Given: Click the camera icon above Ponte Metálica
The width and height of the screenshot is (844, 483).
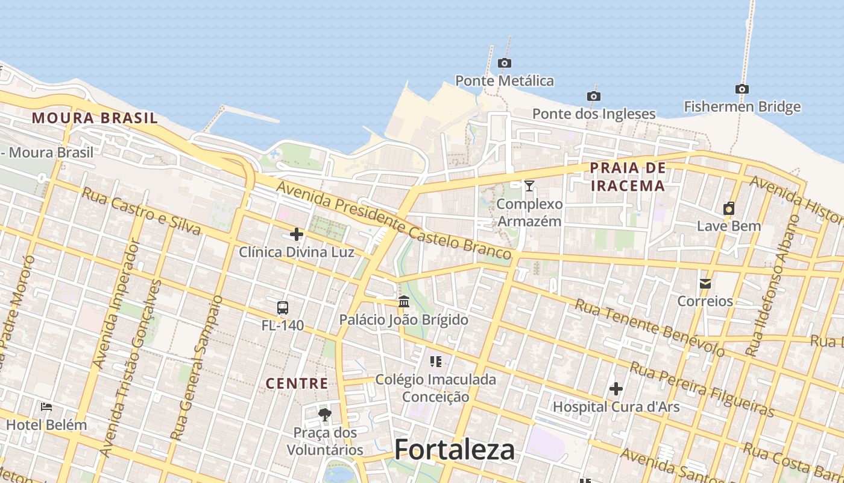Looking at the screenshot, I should (505, 63).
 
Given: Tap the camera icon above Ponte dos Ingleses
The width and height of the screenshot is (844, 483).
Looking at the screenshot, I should (594, 96).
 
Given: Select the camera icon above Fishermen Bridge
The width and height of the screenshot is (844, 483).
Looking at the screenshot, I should (742, 89).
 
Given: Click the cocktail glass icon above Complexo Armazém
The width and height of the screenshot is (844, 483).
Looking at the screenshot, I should (529, 186).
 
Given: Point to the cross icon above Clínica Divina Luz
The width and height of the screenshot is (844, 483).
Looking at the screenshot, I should (297, 234).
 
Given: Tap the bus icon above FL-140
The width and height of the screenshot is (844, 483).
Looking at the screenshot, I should (283, 308).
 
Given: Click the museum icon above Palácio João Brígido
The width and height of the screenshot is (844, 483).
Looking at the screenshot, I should (404, 301).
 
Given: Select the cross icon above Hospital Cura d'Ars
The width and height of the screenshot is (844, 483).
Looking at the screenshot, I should (616, 389).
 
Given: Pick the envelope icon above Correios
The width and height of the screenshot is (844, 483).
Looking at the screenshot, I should (705, 283).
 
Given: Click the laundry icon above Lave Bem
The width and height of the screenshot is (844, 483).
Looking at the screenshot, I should (729, 209).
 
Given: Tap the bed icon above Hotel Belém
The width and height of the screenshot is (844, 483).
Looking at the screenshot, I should (46, 407).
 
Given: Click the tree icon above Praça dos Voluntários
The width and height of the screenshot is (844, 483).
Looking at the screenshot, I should (325, 414).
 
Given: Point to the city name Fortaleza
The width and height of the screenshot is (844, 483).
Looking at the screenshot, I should (455, 450).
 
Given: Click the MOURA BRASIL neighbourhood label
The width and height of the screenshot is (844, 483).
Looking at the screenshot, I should (95, 118).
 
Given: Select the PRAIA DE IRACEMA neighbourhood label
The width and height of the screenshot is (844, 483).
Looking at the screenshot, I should (628, 176).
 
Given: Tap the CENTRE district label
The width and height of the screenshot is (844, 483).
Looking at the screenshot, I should (297, 383).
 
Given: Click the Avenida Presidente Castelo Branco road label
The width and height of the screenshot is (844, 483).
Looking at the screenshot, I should (394, 223).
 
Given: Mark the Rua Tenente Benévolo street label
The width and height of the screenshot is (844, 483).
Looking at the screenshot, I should (649, 327).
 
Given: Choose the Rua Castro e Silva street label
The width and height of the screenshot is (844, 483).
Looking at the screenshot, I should (141, 211).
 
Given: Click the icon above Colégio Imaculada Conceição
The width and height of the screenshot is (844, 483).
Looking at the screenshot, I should (436, 362).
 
